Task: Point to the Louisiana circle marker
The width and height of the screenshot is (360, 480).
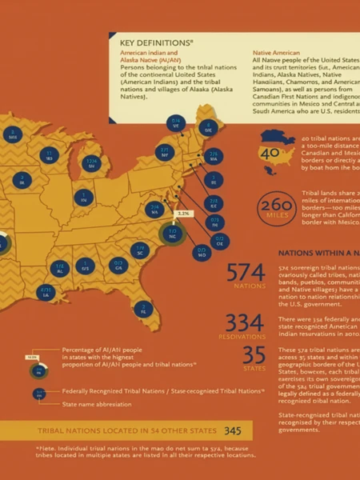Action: pos(46,293)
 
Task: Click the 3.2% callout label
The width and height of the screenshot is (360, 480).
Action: pos(184,214)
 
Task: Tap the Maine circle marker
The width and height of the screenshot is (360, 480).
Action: pos(210,127)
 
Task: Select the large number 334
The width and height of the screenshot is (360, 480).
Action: pos(245,322)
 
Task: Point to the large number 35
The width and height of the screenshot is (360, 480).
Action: pos(254,354)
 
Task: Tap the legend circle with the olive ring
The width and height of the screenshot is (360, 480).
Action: pos(35,370)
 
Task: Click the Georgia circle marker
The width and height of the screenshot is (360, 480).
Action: pos(118,266)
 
